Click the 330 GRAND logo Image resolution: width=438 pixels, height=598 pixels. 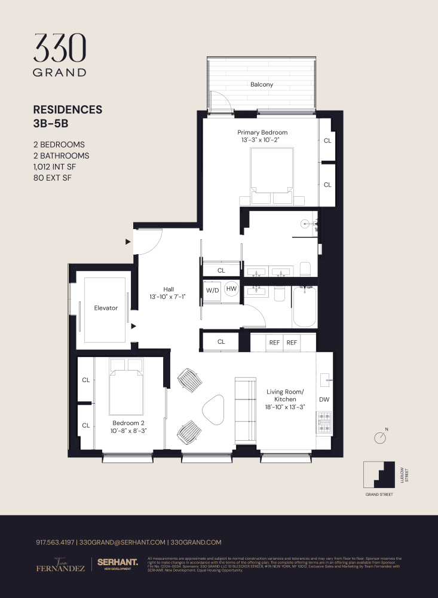(x=60, y=55)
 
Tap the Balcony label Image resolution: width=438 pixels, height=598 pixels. (x=262, y=84)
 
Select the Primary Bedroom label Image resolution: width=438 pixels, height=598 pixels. (x=262, y=132)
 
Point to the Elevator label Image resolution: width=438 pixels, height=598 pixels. (x=106, y=308)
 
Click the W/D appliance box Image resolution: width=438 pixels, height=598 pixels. (x=212, y=290)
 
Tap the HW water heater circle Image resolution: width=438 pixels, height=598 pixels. (x=231, y=289)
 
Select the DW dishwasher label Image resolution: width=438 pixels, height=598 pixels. (x=324, y=399)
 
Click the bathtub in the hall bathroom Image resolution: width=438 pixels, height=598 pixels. (x=304, y=306)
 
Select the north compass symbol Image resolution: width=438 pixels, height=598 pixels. (x=380, y=438)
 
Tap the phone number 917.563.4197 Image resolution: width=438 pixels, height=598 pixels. (x=55, y=542)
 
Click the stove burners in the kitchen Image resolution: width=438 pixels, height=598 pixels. (x=324, y=422)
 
